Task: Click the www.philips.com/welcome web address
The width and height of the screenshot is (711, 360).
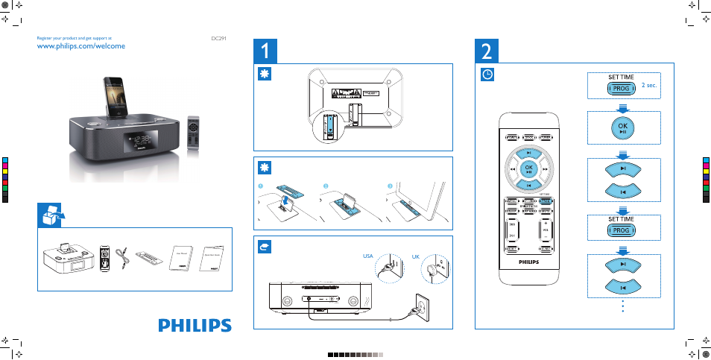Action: pyautogui.click(x=80, y=45)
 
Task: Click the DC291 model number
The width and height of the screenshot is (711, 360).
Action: pyautogui.click(x=218, y=37)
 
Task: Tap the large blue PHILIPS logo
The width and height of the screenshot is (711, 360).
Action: pyautogui.click(x=195, y=326)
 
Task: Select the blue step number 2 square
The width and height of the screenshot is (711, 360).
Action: pyautogui.click(x=487, y=51)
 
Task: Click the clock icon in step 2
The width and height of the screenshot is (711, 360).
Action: pyautogui.click(x=487, y=75)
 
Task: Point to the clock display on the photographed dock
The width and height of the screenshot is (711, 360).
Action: pyautogui.click(x=141, y=139)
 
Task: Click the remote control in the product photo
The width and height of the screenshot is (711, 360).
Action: pyautogui.click(x=194, y=136)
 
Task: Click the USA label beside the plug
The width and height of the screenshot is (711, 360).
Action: pyautogui.click(x=367, y=256)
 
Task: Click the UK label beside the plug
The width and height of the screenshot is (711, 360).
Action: pyautogui.click(x=417, y=256)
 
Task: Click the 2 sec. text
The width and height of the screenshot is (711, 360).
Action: pyautogui.click(x=649, y=86)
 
